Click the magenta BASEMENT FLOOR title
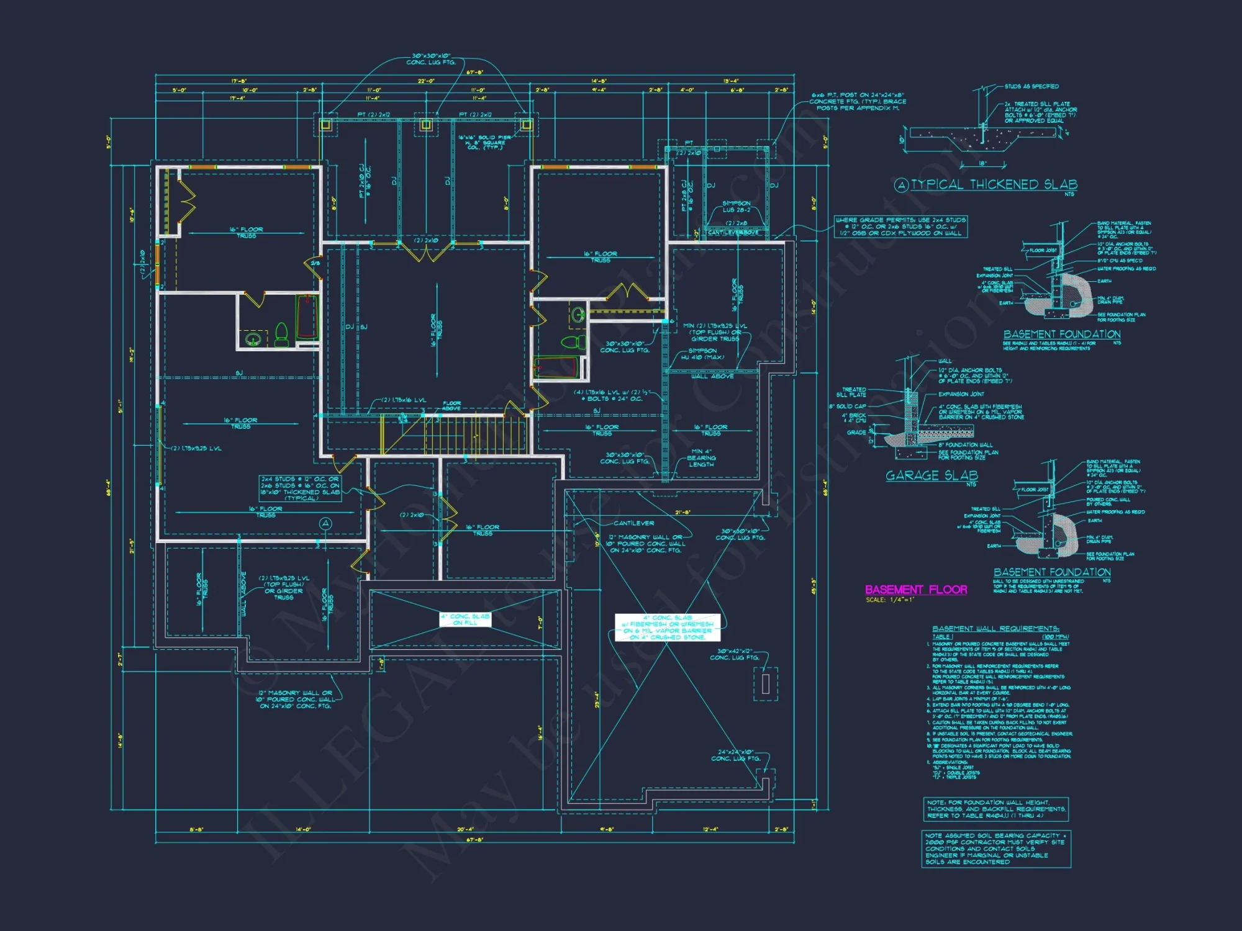916,590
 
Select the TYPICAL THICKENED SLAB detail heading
994,184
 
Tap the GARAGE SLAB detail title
931,475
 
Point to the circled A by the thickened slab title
901,185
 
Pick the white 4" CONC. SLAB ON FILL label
465,619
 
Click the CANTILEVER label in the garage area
633,523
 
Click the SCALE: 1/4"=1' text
890,600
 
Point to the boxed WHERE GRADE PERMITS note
900,227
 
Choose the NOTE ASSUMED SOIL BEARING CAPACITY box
996,848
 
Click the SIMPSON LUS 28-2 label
736,207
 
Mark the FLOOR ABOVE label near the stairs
451,405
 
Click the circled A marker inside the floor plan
325,524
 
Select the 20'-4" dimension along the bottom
465,829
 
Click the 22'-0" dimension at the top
426,81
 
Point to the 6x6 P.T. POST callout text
858,101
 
